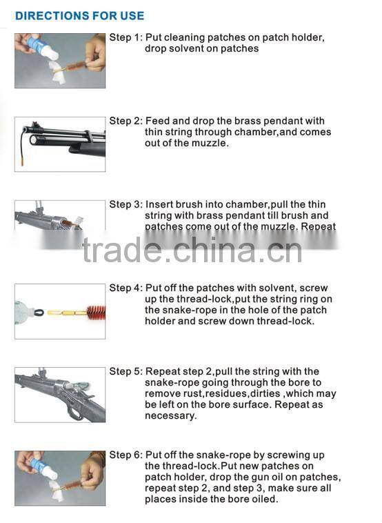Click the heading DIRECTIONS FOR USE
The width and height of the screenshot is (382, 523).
coord(80,15)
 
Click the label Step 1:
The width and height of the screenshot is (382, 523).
coord(125,37)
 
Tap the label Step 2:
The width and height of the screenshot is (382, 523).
coord(125,121)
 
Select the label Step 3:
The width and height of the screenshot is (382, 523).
coord(125,204)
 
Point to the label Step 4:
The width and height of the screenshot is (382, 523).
coord(125,288)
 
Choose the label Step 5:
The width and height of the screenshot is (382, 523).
coord(125,371)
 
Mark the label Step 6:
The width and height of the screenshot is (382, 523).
coord(125,455)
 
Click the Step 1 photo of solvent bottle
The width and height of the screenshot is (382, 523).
coord(60,61)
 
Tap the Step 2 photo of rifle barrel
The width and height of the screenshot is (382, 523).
coord(60,144)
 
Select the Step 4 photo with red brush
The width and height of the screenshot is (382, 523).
coord(60,311)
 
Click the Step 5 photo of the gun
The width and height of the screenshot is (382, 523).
coord(60,395)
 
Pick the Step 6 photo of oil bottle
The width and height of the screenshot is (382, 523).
coord(60,478)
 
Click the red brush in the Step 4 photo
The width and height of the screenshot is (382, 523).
coord(95,312)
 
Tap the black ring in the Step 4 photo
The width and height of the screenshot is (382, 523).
coord(39,313)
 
